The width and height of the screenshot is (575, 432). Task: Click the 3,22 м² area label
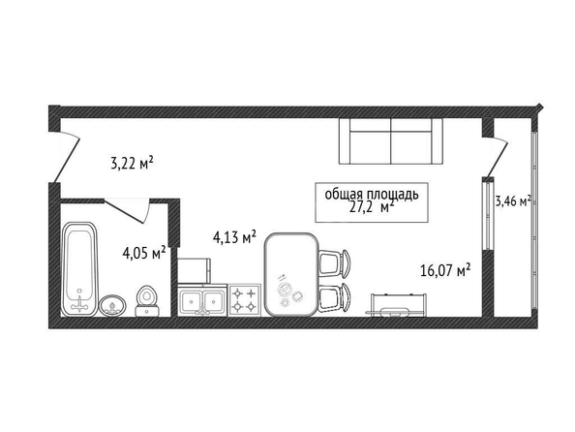(x=132, y=163)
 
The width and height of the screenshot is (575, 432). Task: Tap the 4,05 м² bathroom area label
(x=144, y=253)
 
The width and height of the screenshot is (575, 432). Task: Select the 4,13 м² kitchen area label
(x=234, y=237)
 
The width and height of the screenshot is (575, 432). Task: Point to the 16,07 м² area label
(x=445, y=270)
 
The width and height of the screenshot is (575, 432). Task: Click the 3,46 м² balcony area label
(x=513, y=201)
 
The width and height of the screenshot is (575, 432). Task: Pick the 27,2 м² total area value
(x=372, y=207)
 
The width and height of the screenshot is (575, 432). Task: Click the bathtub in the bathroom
(x=79, y=269)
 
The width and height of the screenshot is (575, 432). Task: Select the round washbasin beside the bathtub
(x=112, y=305)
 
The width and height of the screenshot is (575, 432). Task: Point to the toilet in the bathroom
(x=147, y=301)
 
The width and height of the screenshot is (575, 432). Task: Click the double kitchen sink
(x=202, y=299)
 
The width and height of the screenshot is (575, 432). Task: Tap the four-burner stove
(x=245, y=299)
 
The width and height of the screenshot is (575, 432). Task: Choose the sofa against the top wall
(x=391, y=141)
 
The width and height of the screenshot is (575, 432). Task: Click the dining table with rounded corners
(x=291, y=274)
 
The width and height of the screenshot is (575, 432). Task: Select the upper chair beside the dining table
(x=334, y=262)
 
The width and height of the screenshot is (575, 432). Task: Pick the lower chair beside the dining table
(x=334, y=297)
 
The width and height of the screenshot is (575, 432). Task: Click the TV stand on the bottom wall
(x=396, y=305)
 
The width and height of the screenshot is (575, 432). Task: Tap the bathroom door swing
(x=128, y=211)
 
